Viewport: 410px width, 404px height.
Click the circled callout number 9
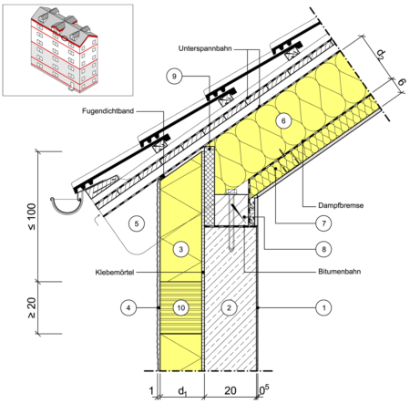174,76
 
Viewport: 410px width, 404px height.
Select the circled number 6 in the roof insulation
283,121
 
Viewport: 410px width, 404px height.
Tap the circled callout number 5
137,224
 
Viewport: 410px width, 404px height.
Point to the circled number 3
181,250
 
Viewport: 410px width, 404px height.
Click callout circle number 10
181,307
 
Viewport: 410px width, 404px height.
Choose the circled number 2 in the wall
229,307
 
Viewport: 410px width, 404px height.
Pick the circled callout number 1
323,307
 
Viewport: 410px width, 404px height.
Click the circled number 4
128,307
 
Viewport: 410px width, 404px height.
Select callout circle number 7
323,223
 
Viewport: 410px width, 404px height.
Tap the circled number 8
323,249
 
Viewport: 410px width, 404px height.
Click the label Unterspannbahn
205,48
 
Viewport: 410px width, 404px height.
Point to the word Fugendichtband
108,111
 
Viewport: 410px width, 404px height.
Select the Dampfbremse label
341,205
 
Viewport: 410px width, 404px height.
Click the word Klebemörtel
115,273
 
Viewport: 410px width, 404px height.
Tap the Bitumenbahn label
340,272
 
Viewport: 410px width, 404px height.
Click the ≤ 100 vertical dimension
32,217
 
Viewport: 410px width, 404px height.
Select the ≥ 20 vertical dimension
32,307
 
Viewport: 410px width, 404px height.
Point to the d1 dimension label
182,391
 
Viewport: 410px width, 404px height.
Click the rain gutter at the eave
67,204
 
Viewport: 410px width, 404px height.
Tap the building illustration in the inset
65,49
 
